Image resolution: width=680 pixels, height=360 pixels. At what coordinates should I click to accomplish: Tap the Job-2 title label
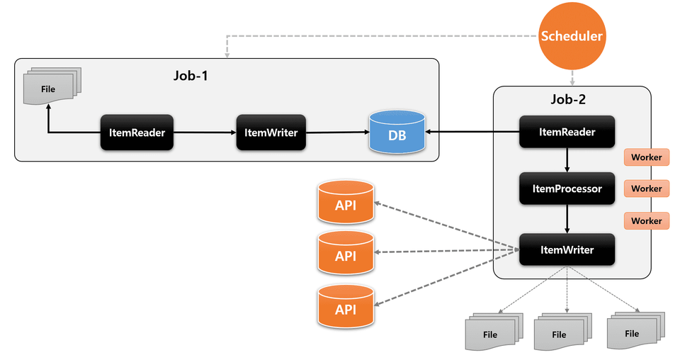(567, 101)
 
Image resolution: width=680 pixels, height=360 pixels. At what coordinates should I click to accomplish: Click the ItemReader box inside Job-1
(137, 132)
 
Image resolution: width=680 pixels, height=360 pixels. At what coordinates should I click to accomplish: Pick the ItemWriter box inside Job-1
(271, 132)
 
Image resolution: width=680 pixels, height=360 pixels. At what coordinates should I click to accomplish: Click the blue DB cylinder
(397, 132)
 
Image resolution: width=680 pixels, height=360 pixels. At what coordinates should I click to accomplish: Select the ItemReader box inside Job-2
(567, 132)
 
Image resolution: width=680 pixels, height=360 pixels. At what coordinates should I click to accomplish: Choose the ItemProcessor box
(567, 189)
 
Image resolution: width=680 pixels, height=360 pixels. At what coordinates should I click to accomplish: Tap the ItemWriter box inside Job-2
(567, 249)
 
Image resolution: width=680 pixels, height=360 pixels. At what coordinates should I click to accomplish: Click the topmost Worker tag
(646, 157)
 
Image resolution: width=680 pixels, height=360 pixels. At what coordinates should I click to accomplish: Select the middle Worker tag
(646, 189)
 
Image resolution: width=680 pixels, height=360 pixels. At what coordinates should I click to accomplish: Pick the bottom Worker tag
(646, 221)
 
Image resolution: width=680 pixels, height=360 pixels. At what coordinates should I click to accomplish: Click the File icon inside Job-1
(50, 89)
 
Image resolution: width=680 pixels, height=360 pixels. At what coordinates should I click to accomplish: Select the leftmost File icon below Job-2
(492, 332)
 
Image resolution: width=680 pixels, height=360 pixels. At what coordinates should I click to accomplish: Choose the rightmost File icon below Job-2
(633, 331)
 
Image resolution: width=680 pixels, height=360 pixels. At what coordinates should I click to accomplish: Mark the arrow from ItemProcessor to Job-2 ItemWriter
(567, 219)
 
